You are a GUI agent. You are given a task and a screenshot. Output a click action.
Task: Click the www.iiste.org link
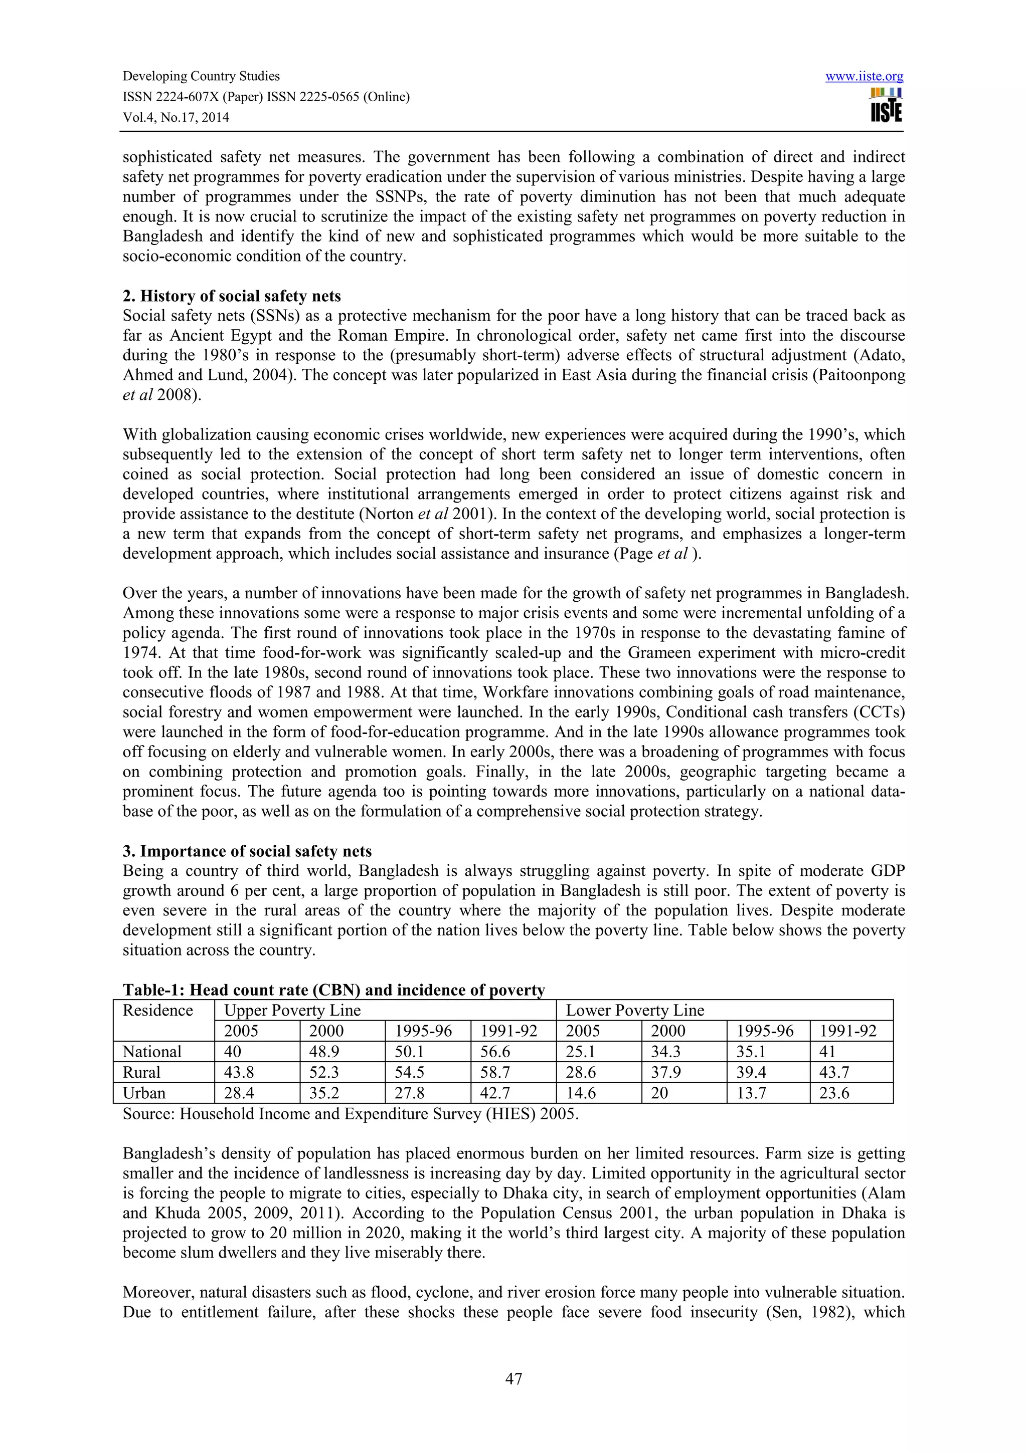pyautogui.click(x=865, y=77)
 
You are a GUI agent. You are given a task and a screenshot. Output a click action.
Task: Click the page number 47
pyautogui.click(x=513, y=1379)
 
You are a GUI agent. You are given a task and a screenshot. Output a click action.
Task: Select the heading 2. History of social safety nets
pyautogui.click(x=232, y=296)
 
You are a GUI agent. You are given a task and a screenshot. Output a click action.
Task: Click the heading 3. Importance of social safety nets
pyautogui.click(x=247, y=851)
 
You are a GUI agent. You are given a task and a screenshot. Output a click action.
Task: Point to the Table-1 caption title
pyautogui.click(x=333, y=990)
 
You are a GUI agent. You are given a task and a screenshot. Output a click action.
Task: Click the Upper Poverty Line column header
pyautogui.click(x=292, y=1010)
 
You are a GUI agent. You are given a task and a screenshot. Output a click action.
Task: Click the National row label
pyautogui.click(x=152, y=1051)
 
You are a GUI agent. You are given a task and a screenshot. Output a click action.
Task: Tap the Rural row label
pyautogui.click(x=142, y=1072)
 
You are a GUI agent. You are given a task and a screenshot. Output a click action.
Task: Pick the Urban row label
pyautogui.click(x=144, y=1093)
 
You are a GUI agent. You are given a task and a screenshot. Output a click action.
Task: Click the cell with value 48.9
pyautogui.click(x=326, y=1051)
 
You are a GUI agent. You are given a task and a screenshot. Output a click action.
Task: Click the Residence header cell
pyautogui.click(x=157, y=1010)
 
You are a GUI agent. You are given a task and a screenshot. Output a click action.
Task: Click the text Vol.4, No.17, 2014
pyautogui.click(x=176, y=118)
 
